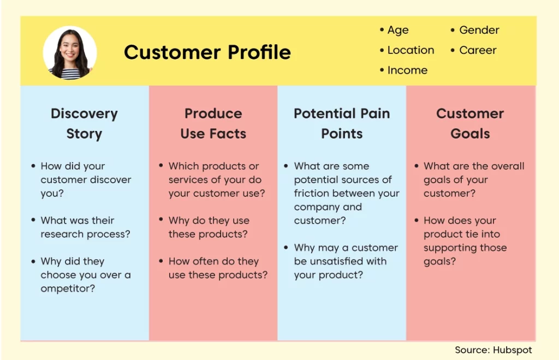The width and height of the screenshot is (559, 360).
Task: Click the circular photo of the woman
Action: click(x=70, y=52)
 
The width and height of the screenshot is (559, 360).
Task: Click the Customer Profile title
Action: click(x=207, y=52)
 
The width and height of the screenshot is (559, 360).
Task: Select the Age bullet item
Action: click(x=394, y=30)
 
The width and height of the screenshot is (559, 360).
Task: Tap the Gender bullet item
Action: click(x=475, y=30)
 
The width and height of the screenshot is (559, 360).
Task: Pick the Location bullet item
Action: click(x=407, y=50)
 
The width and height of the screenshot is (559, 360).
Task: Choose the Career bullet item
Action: click(x=473, y=50)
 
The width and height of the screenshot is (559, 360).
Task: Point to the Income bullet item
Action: click(x=403, y=70)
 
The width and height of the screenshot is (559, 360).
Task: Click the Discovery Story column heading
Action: click(x=84, y=124)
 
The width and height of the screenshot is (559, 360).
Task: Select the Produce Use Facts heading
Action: click(x=213, y=124)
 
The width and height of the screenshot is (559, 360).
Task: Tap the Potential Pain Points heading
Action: click(x=342, y=124)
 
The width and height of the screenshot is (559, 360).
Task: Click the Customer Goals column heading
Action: click(x=470, y=124)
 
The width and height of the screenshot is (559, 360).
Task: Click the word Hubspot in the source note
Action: click(x=512, y=350)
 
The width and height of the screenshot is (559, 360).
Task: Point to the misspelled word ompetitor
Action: click(x=68, y=289)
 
